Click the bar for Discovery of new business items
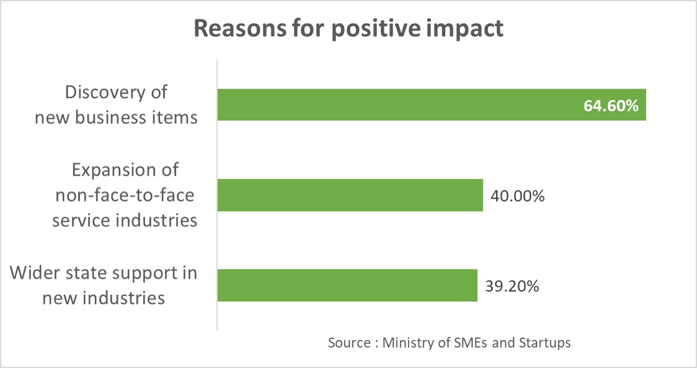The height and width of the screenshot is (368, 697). [x=397, y=105]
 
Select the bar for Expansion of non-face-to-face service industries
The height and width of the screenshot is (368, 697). [x=350, y=195]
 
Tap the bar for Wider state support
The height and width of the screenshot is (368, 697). [x=347, y=285]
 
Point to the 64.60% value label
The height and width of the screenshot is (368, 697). [x=611, y=106]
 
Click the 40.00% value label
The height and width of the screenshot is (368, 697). [x=517, y=196]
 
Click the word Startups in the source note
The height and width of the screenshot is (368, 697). [x=544, y=343]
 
